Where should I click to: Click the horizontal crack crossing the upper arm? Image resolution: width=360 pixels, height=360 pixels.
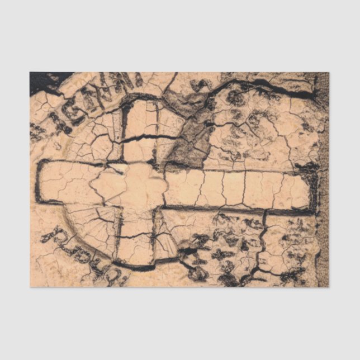tap(143, 138)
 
